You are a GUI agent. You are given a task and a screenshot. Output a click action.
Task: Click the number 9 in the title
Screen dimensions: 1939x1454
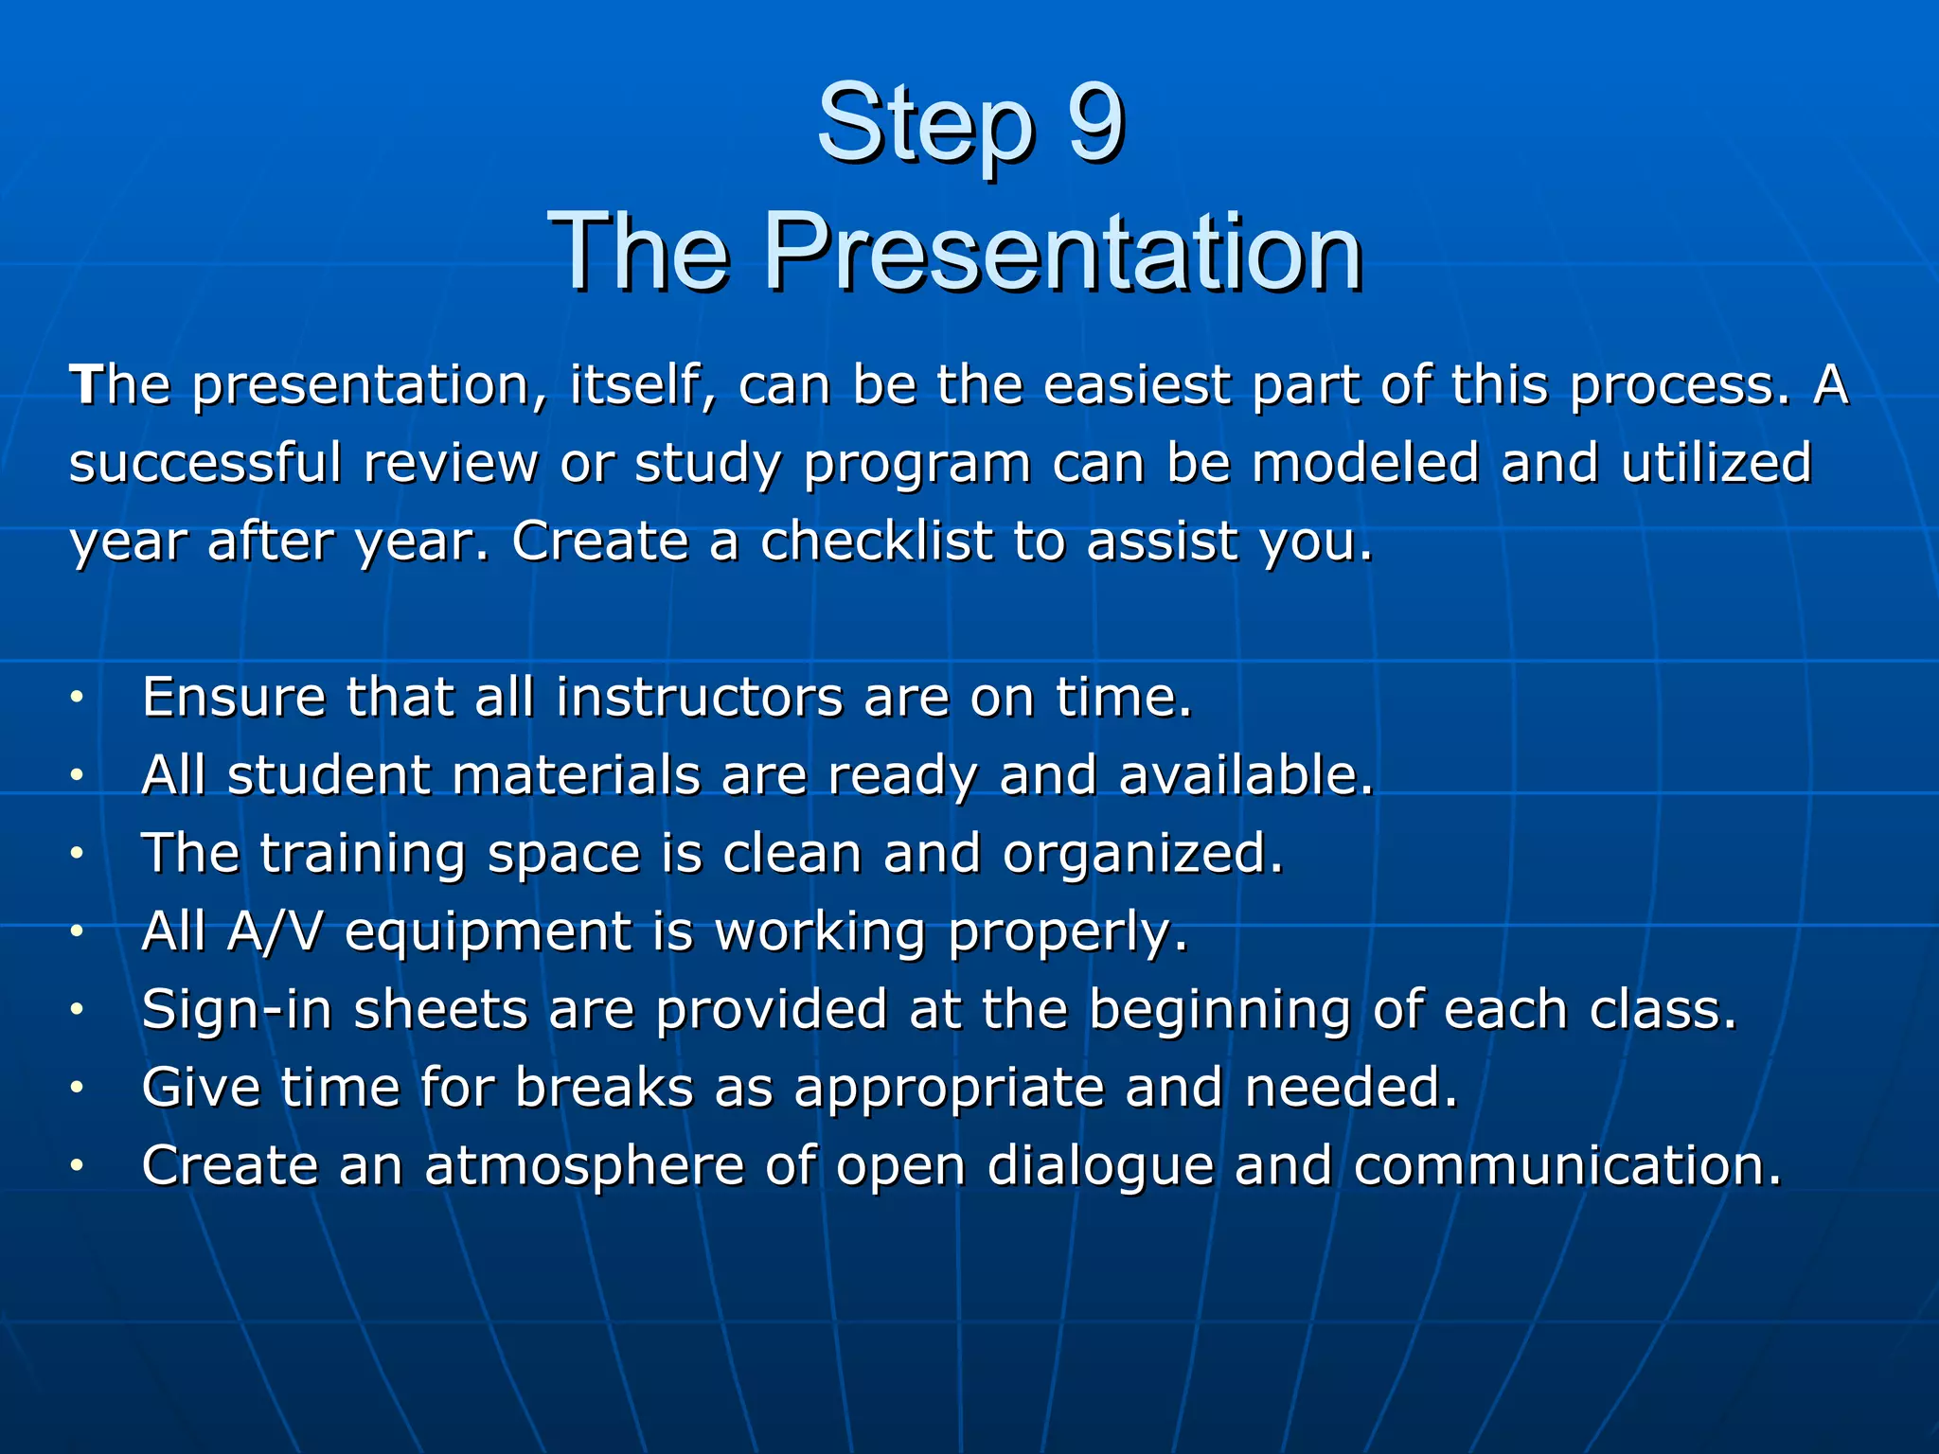(x=1095, y=123)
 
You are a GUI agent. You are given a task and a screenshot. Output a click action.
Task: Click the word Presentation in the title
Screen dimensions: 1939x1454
(x=1062, y=252)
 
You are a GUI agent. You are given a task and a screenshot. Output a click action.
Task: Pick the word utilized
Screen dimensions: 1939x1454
(x=1716, y=464)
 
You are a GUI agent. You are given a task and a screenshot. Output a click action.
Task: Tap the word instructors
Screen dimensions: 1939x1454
(x=699, y=699)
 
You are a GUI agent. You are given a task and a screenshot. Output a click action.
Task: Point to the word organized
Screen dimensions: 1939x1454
(x=1142, y=856)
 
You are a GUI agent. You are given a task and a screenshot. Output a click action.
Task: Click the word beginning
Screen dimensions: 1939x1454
(x=1219, y=1011)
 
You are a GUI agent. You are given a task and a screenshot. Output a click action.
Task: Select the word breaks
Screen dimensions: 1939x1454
(x=604, y=1088)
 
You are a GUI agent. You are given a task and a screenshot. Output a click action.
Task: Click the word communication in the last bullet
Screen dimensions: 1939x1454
(x=1567, y=1166)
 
